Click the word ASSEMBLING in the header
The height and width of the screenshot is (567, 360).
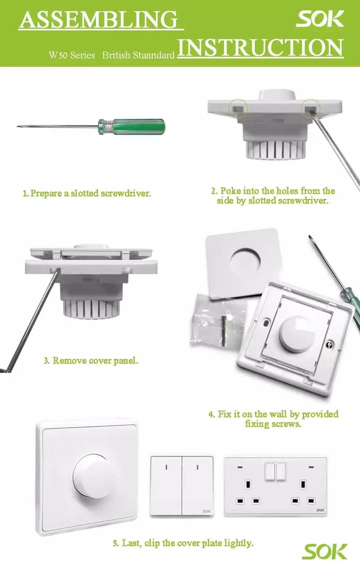(99, 19)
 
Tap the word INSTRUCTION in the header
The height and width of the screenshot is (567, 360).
(260, 48)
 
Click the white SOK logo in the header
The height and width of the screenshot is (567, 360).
(320, 19)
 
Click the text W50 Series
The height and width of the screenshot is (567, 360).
(72, 55)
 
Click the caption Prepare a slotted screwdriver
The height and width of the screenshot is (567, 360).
(87, 193)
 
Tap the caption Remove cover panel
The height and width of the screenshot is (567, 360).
(91, 361)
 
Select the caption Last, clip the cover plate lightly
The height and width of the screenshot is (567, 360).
(183, 543)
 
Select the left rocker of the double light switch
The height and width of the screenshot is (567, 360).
(166, 486)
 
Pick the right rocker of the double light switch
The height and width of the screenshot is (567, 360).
(198, 486)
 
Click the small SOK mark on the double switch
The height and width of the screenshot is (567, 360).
(206, 511)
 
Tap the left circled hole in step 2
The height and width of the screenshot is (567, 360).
(238, 108)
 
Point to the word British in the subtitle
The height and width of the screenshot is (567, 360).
(116, 55)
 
